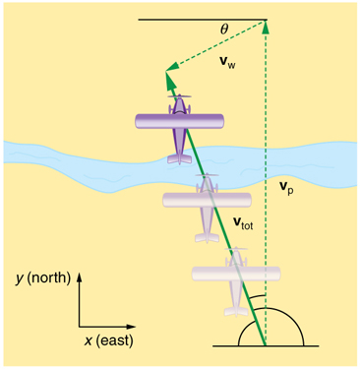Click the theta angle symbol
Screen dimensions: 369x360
[x=224, y=31]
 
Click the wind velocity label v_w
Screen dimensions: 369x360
[x=225, y=64]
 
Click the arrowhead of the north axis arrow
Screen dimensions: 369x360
[x=80, y=273]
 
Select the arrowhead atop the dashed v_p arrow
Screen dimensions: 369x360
[x=266, y=26]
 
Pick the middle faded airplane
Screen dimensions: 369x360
[x=208, y=201]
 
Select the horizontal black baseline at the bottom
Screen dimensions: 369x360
[x=295, y=345]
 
